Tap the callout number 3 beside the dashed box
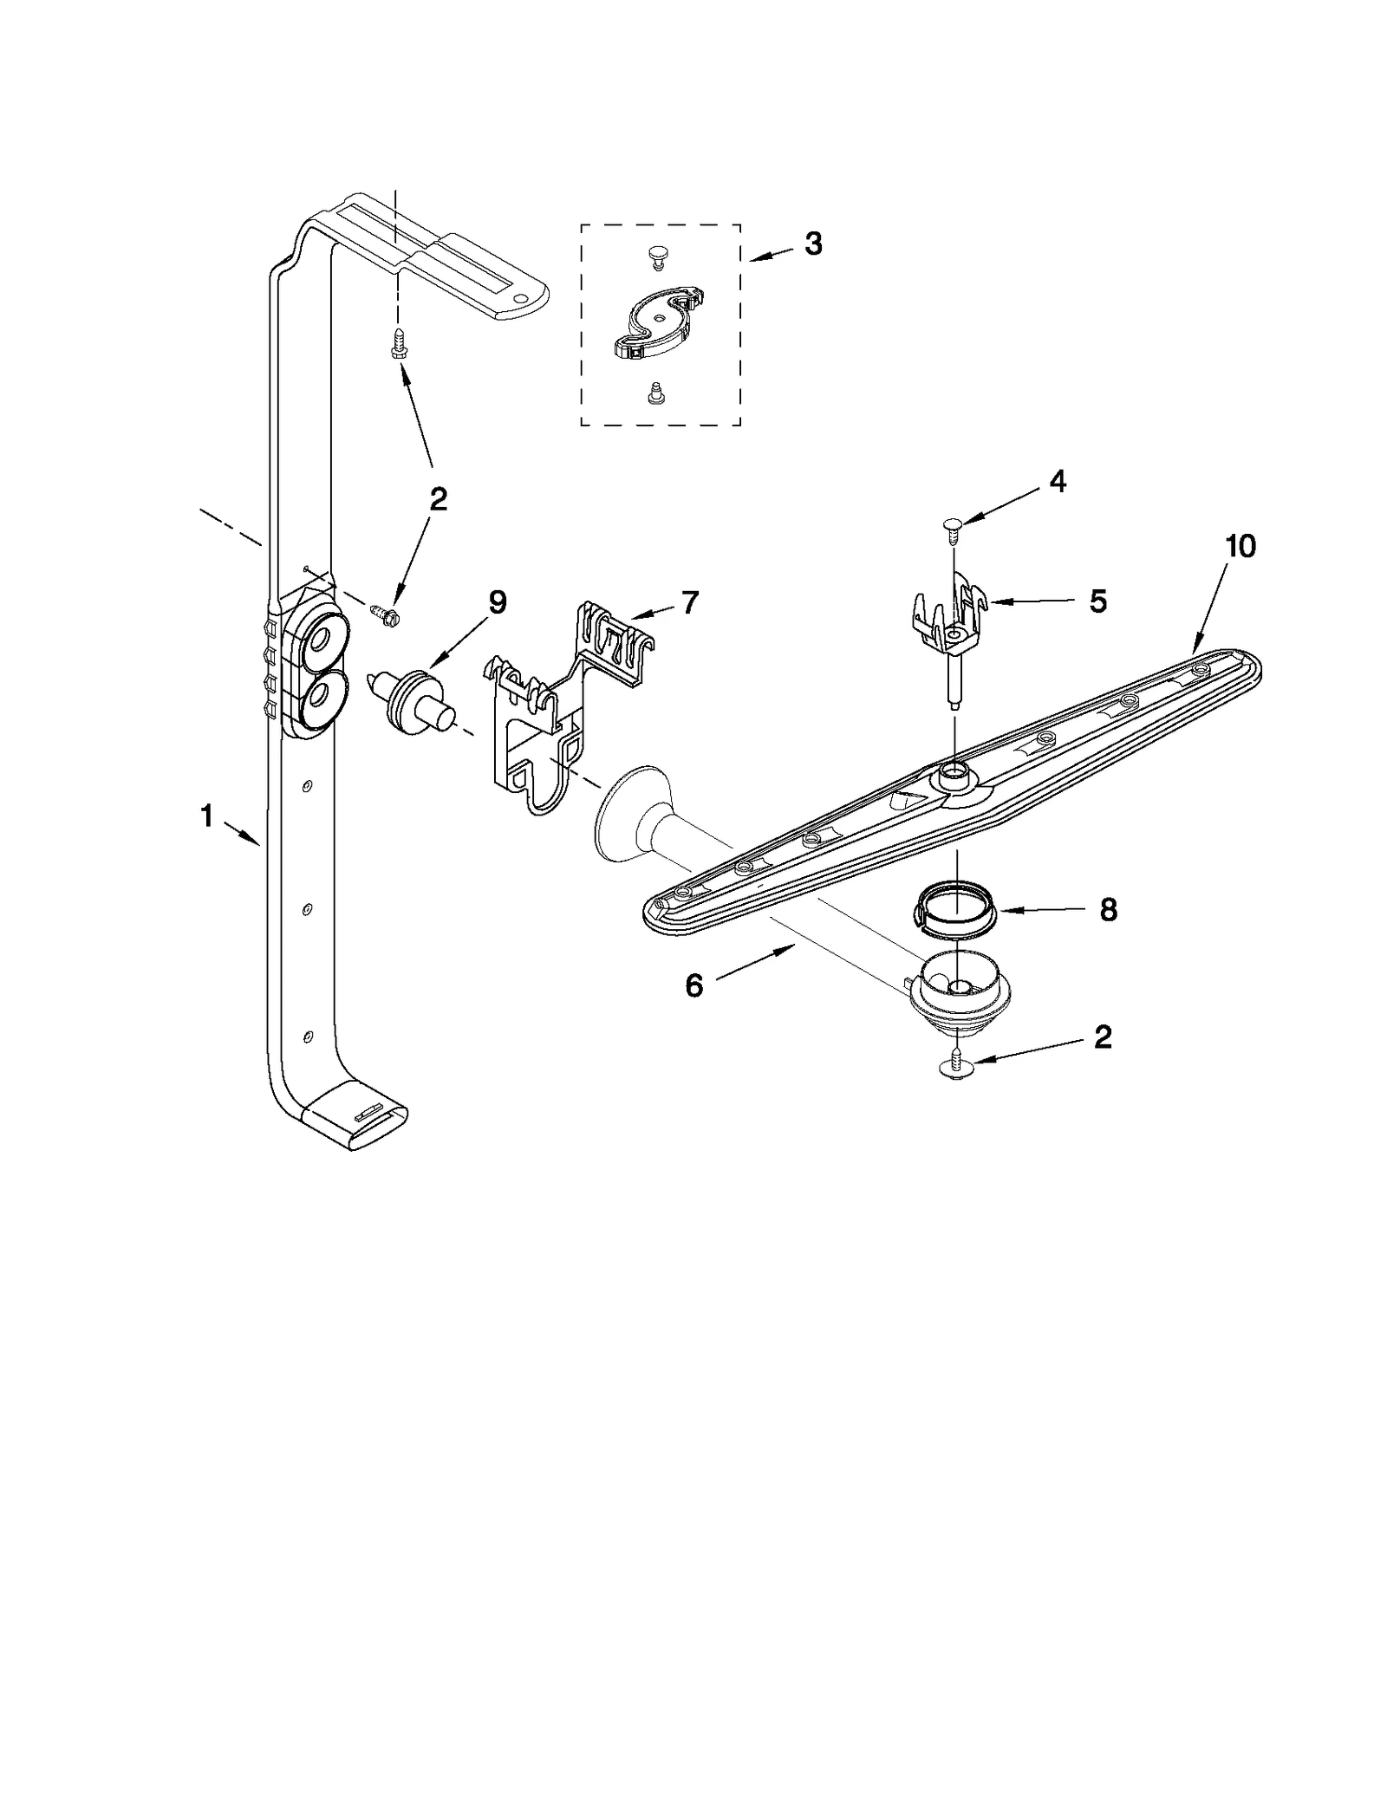812,244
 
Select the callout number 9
497,602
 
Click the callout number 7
689,602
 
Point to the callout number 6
693,985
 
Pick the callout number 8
1108,910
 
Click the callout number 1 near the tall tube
206,816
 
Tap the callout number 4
1058,482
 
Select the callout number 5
1097,601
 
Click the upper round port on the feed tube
320,642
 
